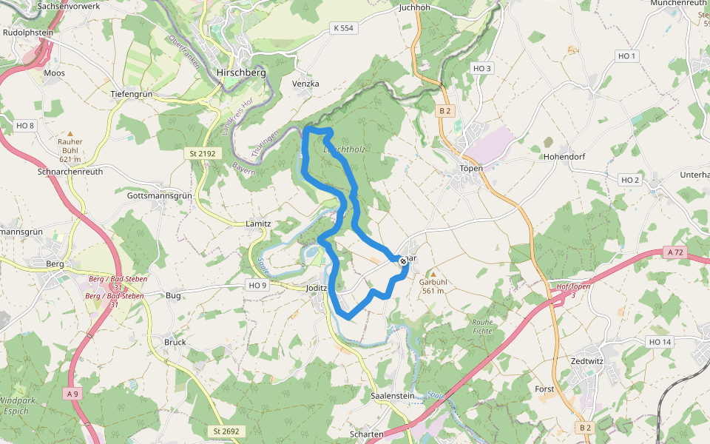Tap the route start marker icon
[402, 260]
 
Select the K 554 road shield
[343, 27]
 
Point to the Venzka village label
[305, 84]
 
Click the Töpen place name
[470, 168]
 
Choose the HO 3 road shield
[481, 68]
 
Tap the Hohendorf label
[564, 157]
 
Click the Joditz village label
[316, 289]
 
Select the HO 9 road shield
[257, 285]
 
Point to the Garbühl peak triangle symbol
[433, 272]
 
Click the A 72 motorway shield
[675, 252]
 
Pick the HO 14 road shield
[659, 341]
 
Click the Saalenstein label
[392, 396]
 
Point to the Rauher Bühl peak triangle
[70, 133]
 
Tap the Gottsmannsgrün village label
[159, 196]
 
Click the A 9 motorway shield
[72, 393]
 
